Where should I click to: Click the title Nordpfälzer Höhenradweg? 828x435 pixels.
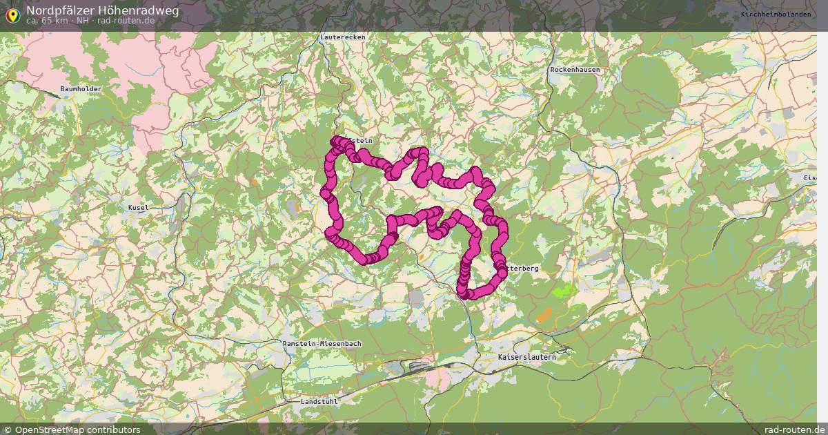click(x=102, y=10)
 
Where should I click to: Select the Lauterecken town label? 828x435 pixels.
click(x=342, y=37)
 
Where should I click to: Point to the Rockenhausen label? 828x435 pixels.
click(x=575, y=70)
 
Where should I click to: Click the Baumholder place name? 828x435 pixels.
click(x=81, y=89)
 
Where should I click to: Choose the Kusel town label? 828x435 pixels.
click(x=138, y=207)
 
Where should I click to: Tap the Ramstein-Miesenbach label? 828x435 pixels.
click(x=322, y=343)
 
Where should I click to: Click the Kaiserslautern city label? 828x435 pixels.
click(x=526, y=357)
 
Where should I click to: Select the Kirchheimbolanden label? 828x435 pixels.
click(x=776, y=14)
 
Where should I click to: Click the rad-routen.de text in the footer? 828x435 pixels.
click(x=795, y=429)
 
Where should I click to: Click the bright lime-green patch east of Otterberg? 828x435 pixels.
click(x=564, y=291)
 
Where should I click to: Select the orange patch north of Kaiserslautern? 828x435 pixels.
click(x=544, y=316)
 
